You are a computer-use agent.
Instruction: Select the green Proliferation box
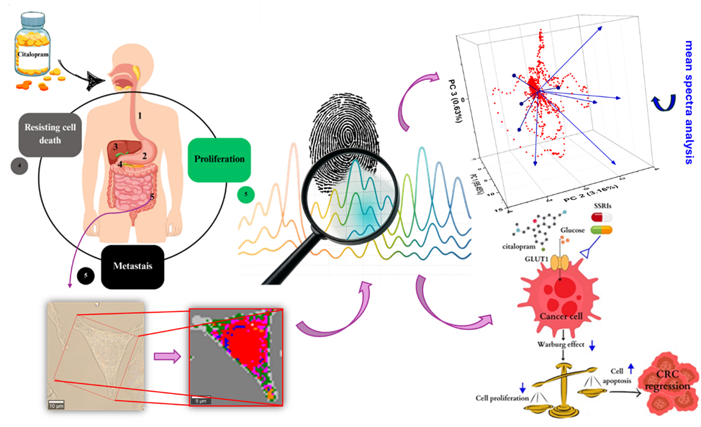(218, 159)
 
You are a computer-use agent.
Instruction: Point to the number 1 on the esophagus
(141, 114)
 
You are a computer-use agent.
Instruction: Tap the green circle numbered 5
(246, 194)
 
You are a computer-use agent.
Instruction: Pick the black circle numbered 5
(86, 275)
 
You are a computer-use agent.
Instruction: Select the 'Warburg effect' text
(561, 344)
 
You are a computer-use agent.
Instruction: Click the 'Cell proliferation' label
(498, 398)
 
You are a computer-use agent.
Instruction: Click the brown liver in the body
(122, 147)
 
